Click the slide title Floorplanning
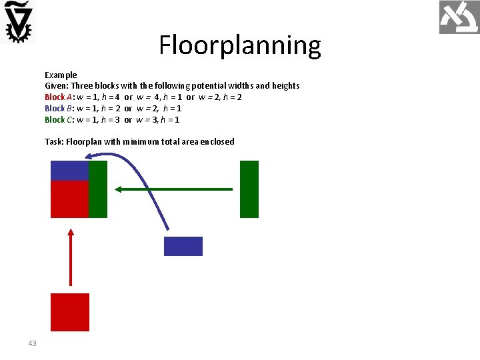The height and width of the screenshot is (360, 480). pos(240,45)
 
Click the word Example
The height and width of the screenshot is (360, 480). pos(61,75)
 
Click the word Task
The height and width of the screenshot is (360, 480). pos(53,141)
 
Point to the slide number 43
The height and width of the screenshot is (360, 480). pos(33,343)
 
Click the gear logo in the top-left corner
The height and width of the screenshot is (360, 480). pos(19,22)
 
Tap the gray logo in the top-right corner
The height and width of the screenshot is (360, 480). pos(459,18)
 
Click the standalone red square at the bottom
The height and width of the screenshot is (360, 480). pos(70,312)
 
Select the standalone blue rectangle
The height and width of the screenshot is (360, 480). pos(183,246)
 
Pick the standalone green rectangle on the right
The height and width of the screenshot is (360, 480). pos(249,189)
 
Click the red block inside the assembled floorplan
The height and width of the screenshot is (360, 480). pos(70,199)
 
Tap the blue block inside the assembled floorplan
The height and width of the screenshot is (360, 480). pos(70,171)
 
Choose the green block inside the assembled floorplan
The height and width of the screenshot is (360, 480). pos(99,189)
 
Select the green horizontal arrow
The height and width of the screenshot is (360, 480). pos(173,189)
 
